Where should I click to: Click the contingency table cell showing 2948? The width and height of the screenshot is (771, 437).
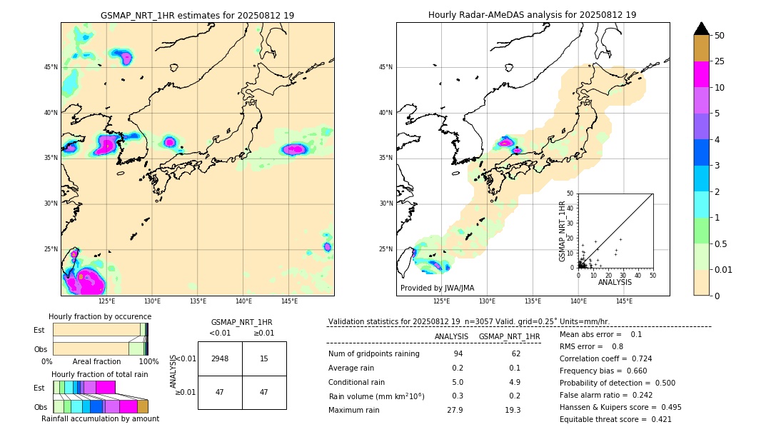coord(220,358)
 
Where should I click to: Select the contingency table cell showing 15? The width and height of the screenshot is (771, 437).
coord(264,358)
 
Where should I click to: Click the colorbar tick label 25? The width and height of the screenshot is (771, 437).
coord(720,61)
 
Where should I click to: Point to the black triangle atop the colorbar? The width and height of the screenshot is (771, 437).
coord(702,29)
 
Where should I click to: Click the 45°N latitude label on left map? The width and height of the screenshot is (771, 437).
coord(51,67)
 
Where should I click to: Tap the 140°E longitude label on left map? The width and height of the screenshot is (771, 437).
coord(243,301)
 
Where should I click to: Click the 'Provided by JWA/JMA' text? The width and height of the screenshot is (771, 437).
coord(437,288)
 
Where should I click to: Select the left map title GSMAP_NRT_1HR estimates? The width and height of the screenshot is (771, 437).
coord(197,15)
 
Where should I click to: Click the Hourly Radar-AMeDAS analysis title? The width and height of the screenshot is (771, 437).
coord(532,15)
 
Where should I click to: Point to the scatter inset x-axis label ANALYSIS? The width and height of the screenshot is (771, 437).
coord(615,282)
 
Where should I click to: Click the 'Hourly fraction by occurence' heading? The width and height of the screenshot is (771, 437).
coord(100,316)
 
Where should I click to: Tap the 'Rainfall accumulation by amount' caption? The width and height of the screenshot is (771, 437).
coord(100,418)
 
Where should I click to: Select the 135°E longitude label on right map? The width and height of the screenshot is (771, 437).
coord(533,301)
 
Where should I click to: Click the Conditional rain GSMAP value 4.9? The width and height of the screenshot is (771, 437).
coord(513,382)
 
